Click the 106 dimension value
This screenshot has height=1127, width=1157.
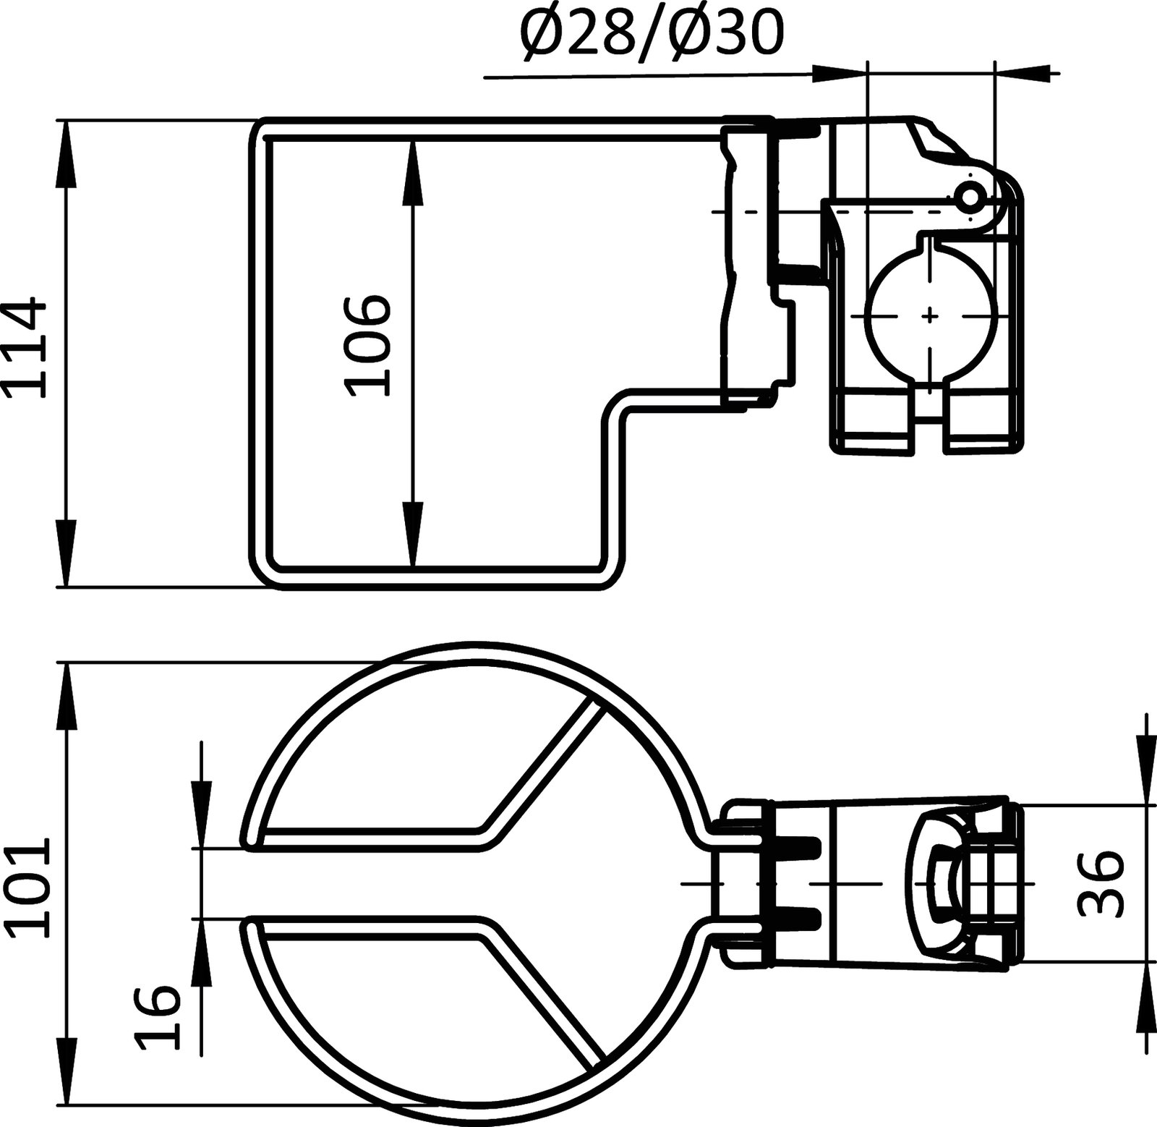[367, 346]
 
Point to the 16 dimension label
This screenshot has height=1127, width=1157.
[156, 1008]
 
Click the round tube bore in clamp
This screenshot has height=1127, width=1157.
[931, 315]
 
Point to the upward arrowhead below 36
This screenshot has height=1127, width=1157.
[1147, 991]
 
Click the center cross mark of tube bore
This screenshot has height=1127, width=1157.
[931, 315]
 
